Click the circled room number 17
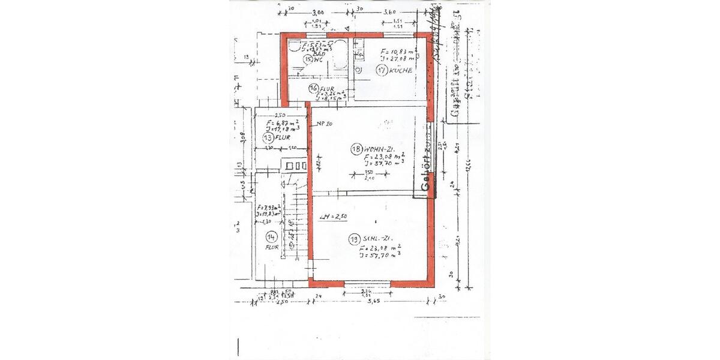pyautogui.click(x=381, y=70)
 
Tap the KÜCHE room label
pyautogui.click(x=400, y=70)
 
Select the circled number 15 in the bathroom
pyautogui.click(x=308, y=59)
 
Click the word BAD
pyautogui.click(x=312, y=53)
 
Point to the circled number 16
pyautogui.click(x=313, y=88)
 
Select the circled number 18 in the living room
pyautogui.click(x=356, y=149)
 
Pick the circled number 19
pyautogui.click(x=354, y=239)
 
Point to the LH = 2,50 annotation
pyautogui.click(x=334, y=217)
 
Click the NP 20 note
pyautogui.click(x=324, y=124)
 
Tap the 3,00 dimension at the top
pyautogui.click(x=318, y=12)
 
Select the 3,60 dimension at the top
pyautogui.click(x=390, y=12)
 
